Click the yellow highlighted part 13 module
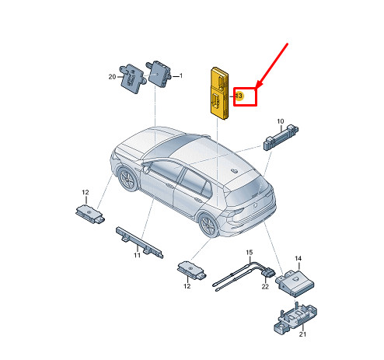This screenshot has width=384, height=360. click(x=219, y=93)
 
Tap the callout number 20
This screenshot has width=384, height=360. click(x=112, y=77)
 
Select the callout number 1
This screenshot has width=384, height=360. click(x=181, y=75)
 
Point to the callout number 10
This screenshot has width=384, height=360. click(x=281, y=121)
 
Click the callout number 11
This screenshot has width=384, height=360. click(x=137, y=255)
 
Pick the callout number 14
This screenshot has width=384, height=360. click(x=298, y=258)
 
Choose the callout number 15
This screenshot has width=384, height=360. click(x=249, y=252)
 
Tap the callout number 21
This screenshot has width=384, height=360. click(x=302, y=334)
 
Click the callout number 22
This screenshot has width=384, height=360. click(x=265, y=286)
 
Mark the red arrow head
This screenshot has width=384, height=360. click(x=260, y=84)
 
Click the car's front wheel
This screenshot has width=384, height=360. click(x=127, y=179)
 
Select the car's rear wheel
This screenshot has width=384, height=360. click(x=209, y=225)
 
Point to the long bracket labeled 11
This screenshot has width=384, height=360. click(x=139, y=242)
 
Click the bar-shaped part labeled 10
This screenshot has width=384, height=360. click(x=281, y=137)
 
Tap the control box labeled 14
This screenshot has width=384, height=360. click(x=295, y=283)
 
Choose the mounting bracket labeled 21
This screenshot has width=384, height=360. click(x=295, y=318)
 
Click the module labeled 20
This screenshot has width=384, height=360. click(x=132, y=79)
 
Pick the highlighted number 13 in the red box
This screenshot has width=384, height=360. click(x=239, y=96)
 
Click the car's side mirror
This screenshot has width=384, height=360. click(x=146, y=169)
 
